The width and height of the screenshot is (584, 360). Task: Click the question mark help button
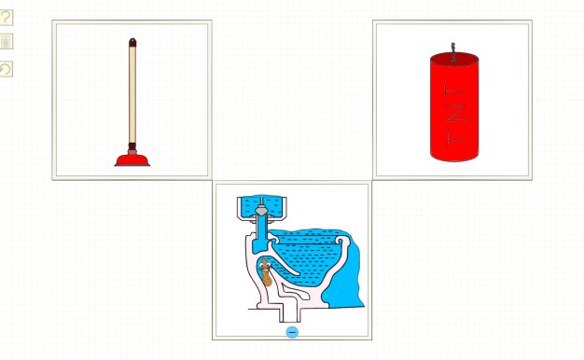click(x=6, y=18)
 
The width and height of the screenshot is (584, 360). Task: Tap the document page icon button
click(x=6, y=41)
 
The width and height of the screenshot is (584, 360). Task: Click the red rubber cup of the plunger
click(x=132, y=160)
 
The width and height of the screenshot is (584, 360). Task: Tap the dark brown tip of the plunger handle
click(x=132, y=42)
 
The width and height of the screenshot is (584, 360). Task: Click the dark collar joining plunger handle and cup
click(x=132, y=146)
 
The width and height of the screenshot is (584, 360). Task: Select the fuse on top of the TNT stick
click(x=453, y=52)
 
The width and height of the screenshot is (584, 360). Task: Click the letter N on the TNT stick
click(x=456, y=114)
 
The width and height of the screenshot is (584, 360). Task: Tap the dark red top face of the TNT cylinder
click(x=454, y=59)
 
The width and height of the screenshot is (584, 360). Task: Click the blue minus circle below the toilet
click(x=292, y=332)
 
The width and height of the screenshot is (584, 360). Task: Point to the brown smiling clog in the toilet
click(x=266, y=272)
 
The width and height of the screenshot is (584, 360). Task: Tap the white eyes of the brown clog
click(x=266, y=265)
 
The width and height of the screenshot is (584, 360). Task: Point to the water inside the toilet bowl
click(x=309, y=256)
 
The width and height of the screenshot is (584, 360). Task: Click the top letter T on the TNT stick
click(x=456, y=91)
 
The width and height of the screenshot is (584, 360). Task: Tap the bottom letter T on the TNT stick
click(x=456, y=137)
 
